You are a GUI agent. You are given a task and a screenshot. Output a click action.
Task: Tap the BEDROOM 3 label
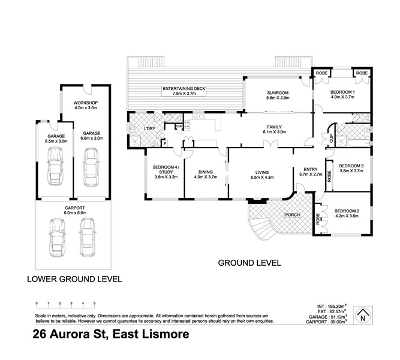[x=350, y=166]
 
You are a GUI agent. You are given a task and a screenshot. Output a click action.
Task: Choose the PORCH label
[x=293, y=215]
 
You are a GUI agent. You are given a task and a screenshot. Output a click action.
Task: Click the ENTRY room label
[x=310, y=169]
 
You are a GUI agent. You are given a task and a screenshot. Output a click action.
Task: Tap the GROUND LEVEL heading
[x=248, y=263]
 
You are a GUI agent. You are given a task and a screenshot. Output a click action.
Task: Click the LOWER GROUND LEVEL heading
[x=75, y=278]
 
